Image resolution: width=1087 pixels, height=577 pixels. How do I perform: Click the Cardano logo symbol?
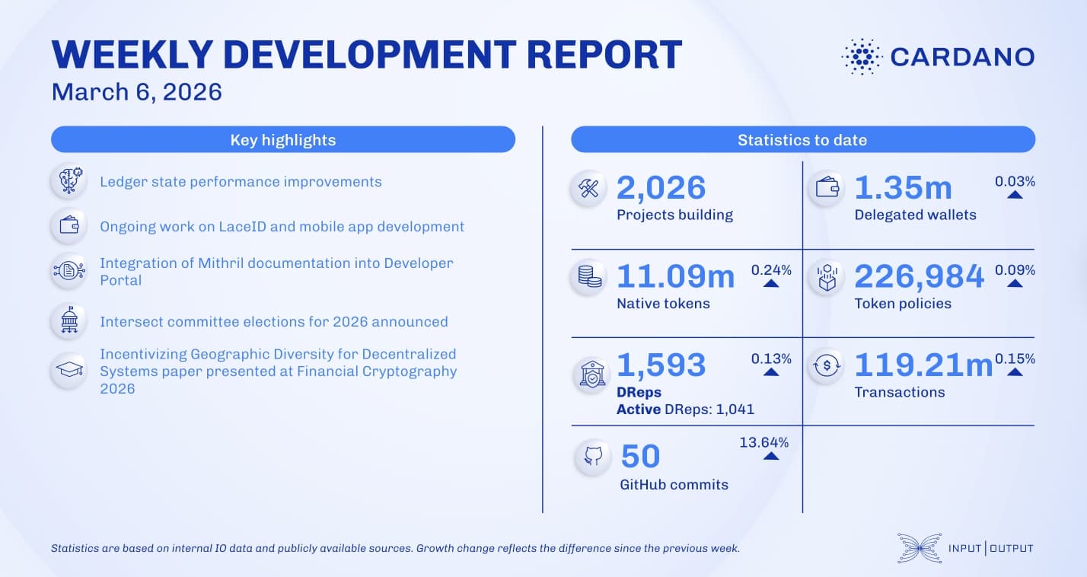(861, 56)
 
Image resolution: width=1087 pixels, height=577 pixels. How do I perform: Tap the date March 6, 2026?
(136, 92)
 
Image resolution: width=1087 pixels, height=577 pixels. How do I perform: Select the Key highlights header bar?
(282, 140)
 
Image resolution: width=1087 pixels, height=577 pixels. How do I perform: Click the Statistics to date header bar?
(802, 140)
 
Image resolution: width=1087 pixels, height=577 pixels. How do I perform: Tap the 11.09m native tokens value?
(675, 276)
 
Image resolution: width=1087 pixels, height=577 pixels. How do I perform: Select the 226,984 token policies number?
(919, 276)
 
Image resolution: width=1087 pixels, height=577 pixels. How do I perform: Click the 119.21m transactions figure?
(923, 365)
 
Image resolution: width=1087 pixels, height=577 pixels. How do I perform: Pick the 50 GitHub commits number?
(641, 456)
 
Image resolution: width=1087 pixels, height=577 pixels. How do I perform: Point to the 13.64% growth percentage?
(763, 442)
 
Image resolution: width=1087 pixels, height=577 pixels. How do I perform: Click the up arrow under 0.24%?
(770, 283)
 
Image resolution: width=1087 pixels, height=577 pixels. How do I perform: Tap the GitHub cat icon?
(592, 457)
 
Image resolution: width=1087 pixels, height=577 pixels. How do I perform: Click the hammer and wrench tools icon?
(588, 189)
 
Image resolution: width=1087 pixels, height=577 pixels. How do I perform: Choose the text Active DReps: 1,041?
(685, 410)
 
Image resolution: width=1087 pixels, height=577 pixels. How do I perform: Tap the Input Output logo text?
(990, 548)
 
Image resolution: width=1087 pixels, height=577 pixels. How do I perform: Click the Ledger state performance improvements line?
(241, 182)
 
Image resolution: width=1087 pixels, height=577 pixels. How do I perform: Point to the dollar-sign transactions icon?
(826, 365)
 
